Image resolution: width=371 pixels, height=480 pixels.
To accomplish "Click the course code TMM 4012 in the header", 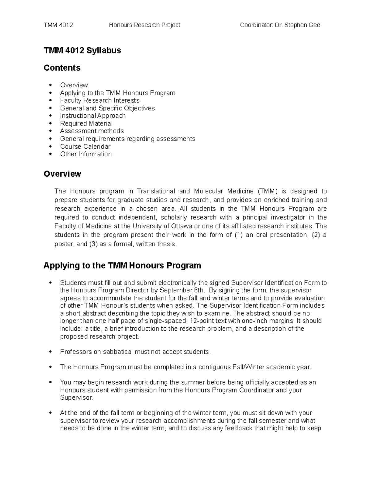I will pos(58,25).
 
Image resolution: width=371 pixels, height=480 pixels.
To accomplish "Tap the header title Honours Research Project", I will pos(144,25).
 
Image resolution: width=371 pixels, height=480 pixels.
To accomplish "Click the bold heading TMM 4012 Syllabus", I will pos(82,50).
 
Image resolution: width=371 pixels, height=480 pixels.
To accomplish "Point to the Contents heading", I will pos(62,68).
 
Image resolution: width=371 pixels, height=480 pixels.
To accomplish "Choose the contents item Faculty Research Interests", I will pos(100,100).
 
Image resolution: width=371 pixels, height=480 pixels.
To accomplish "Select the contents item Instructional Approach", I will pos(93,116).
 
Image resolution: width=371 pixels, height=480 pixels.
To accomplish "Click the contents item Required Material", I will pos(86,123).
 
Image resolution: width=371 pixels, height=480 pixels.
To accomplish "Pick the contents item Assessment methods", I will pos(92,131).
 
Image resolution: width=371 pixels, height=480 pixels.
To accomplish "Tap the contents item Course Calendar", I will pos(85,147).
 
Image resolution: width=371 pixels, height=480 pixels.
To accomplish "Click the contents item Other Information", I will pos(86,154).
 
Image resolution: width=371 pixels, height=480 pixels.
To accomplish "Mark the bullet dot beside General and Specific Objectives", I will pos(51,108).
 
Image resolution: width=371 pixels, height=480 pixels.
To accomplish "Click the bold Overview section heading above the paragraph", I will pos(62,174).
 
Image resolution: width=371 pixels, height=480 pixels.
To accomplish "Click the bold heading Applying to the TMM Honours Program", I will pos(122,265).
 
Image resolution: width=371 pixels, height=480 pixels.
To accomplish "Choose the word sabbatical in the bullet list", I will pos(117,352).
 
